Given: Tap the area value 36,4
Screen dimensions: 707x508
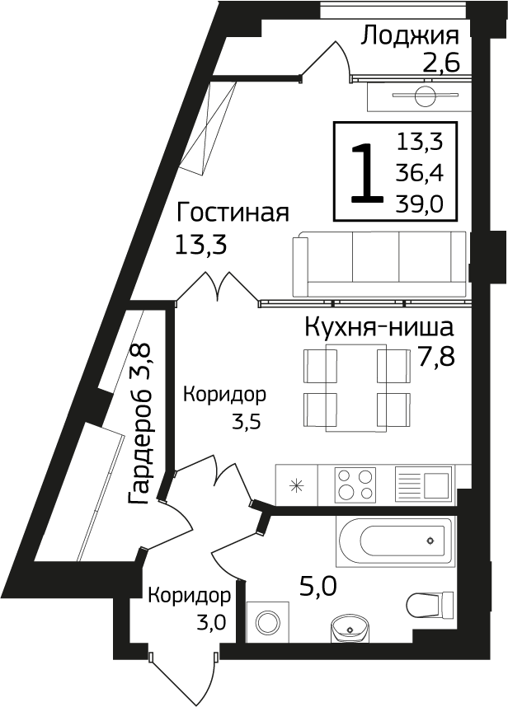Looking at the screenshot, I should pyautogui.click(x=420, y=174).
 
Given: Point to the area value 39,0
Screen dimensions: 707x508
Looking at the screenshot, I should pyautogui.click(x=420, y=204).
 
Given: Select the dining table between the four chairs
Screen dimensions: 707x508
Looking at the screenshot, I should pyautogui.click(x=356, y=387).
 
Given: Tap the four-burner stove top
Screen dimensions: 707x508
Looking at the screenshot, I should pyautogui.click(x=355, y=484).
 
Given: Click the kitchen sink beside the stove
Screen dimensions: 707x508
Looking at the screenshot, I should pyautogui.click(x=424, y=484).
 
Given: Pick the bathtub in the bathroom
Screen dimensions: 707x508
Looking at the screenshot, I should pyautogui.click(x=395, y=542).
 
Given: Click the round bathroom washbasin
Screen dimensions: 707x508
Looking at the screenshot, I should pyautogui.click(x=350, y=630).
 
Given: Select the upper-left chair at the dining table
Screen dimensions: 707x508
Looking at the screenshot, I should pyautogui.click(x=317, y=365).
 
